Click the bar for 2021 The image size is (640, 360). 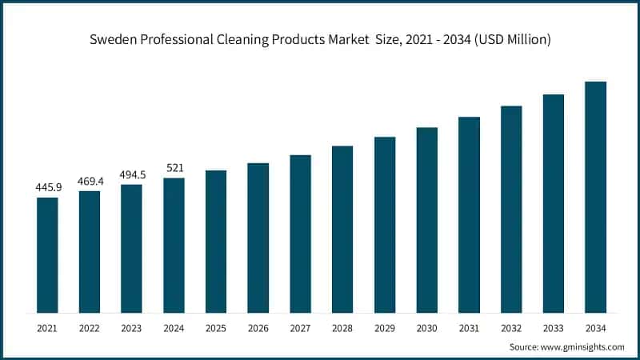tap(47, 254)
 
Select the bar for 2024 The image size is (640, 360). tap(174, 245)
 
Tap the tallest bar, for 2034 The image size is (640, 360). tap(595, 197)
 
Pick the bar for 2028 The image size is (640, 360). tap(342, 229)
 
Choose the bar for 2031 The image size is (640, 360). tap(469, 214)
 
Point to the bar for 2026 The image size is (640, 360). tap(258, 238)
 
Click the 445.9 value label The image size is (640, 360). tap(47, 187)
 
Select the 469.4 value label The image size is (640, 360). tap(90, 182)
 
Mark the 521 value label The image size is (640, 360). tap(174, 168)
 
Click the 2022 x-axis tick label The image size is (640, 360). tap(90, 328)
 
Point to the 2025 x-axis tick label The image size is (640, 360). tap(216, 328)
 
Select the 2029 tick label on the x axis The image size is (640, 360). tap(385, 328)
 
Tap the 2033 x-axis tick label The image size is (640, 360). tap(554, 328)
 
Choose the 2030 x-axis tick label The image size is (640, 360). tap(426, 328)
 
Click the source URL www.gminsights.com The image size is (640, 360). tap(583, 347)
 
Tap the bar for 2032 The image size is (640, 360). tap(511, 209)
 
